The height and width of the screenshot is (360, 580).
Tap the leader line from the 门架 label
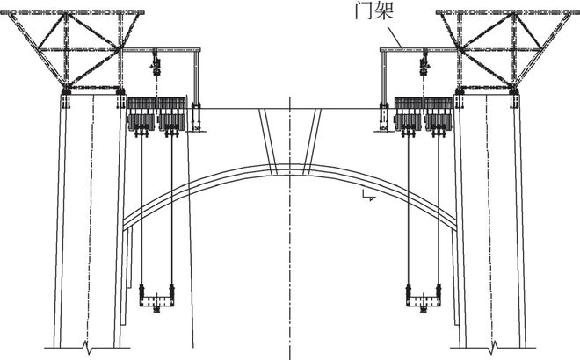[394, 36]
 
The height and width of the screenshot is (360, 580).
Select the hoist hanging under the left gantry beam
[155, 62]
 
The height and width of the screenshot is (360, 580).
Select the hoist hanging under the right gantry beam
[424, 62]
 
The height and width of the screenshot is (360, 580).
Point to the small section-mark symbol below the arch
[370, 199]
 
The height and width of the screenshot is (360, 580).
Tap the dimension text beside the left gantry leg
[197, 128]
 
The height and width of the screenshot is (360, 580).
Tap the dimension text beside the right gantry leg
[384, 128]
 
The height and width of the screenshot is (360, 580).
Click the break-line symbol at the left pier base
[84, 343]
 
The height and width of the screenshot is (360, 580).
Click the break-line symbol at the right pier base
[494, 343]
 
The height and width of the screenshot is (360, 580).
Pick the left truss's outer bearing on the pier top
[65, 91]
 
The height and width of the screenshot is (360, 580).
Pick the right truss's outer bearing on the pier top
[514, 91]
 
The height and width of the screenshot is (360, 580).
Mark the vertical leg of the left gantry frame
[197, 79]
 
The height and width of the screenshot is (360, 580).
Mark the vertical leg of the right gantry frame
[383, 79]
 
